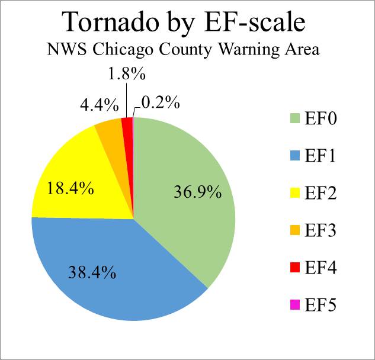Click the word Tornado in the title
click(112, 22)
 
